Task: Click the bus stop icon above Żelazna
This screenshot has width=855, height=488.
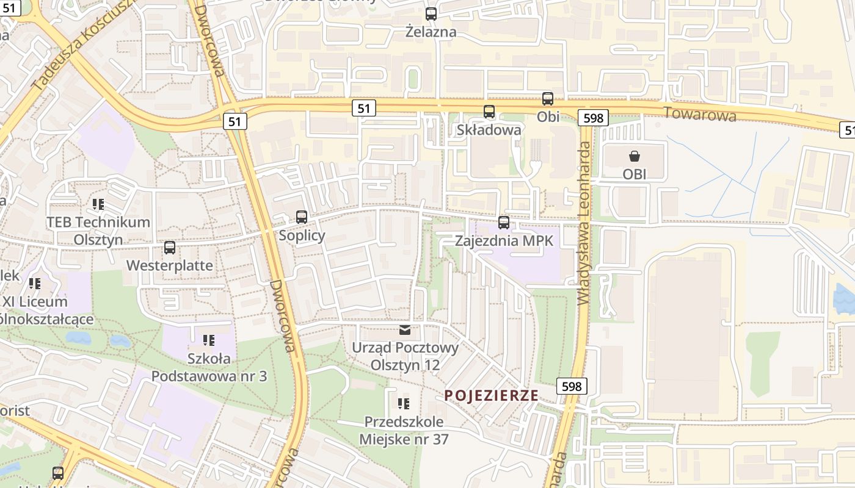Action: pyautogui.click(x=431, y=13)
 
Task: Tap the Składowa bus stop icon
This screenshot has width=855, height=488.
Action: pyautogui.click(x=489, y=112)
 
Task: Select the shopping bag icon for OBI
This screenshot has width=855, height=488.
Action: pyautogui.click(x=635, y=156)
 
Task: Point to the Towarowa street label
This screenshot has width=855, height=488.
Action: pyautogui.click(x=700, y=114)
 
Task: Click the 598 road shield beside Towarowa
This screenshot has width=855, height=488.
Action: pyautogui.click(x=593, y=118)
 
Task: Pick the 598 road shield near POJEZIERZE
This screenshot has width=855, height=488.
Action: pyautogui.click(x=572, y=386)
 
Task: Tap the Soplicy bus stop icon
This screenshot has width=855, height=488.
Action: pyautogui.click(x=302, y=217)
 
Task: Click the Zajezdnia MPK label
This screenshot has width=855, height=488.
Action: pyautogui.click(x=504, y=241)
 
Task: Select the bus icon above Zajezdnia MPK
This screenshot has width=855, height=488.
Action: pyautogui.click(x=504, y=223)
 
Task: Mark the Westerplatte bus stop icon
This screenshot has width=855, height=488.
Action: pyautogui.click(x=170, y=248)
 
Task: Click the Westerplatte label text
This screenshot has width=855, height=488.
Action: pyautogui.click(x=170, y=265)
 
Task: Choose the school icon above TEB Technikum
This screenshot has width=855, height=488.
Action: pyautogui.click(x=98, y=204)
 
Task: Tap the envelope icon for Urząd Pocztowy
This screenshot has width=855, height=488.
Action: pyautogui.click(x=405, y=330)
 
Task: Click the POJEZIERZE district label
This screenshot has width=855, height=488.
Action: pyautogui.click(x=492, y=395)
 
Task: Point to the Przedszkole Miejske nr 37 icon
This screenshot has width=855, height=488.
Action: pyautogui.click(x=403, y=403)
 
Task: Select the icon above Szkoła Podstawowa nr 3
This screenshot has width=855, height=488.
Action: pyautogui.click(x=209, y=340)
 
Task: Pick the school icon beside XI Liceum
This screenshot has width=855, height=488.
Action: pyautogui.click(x=35, y=283)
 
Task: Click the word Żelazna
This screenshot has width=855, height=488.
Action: pyautogui.click(x=431, y=32)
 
